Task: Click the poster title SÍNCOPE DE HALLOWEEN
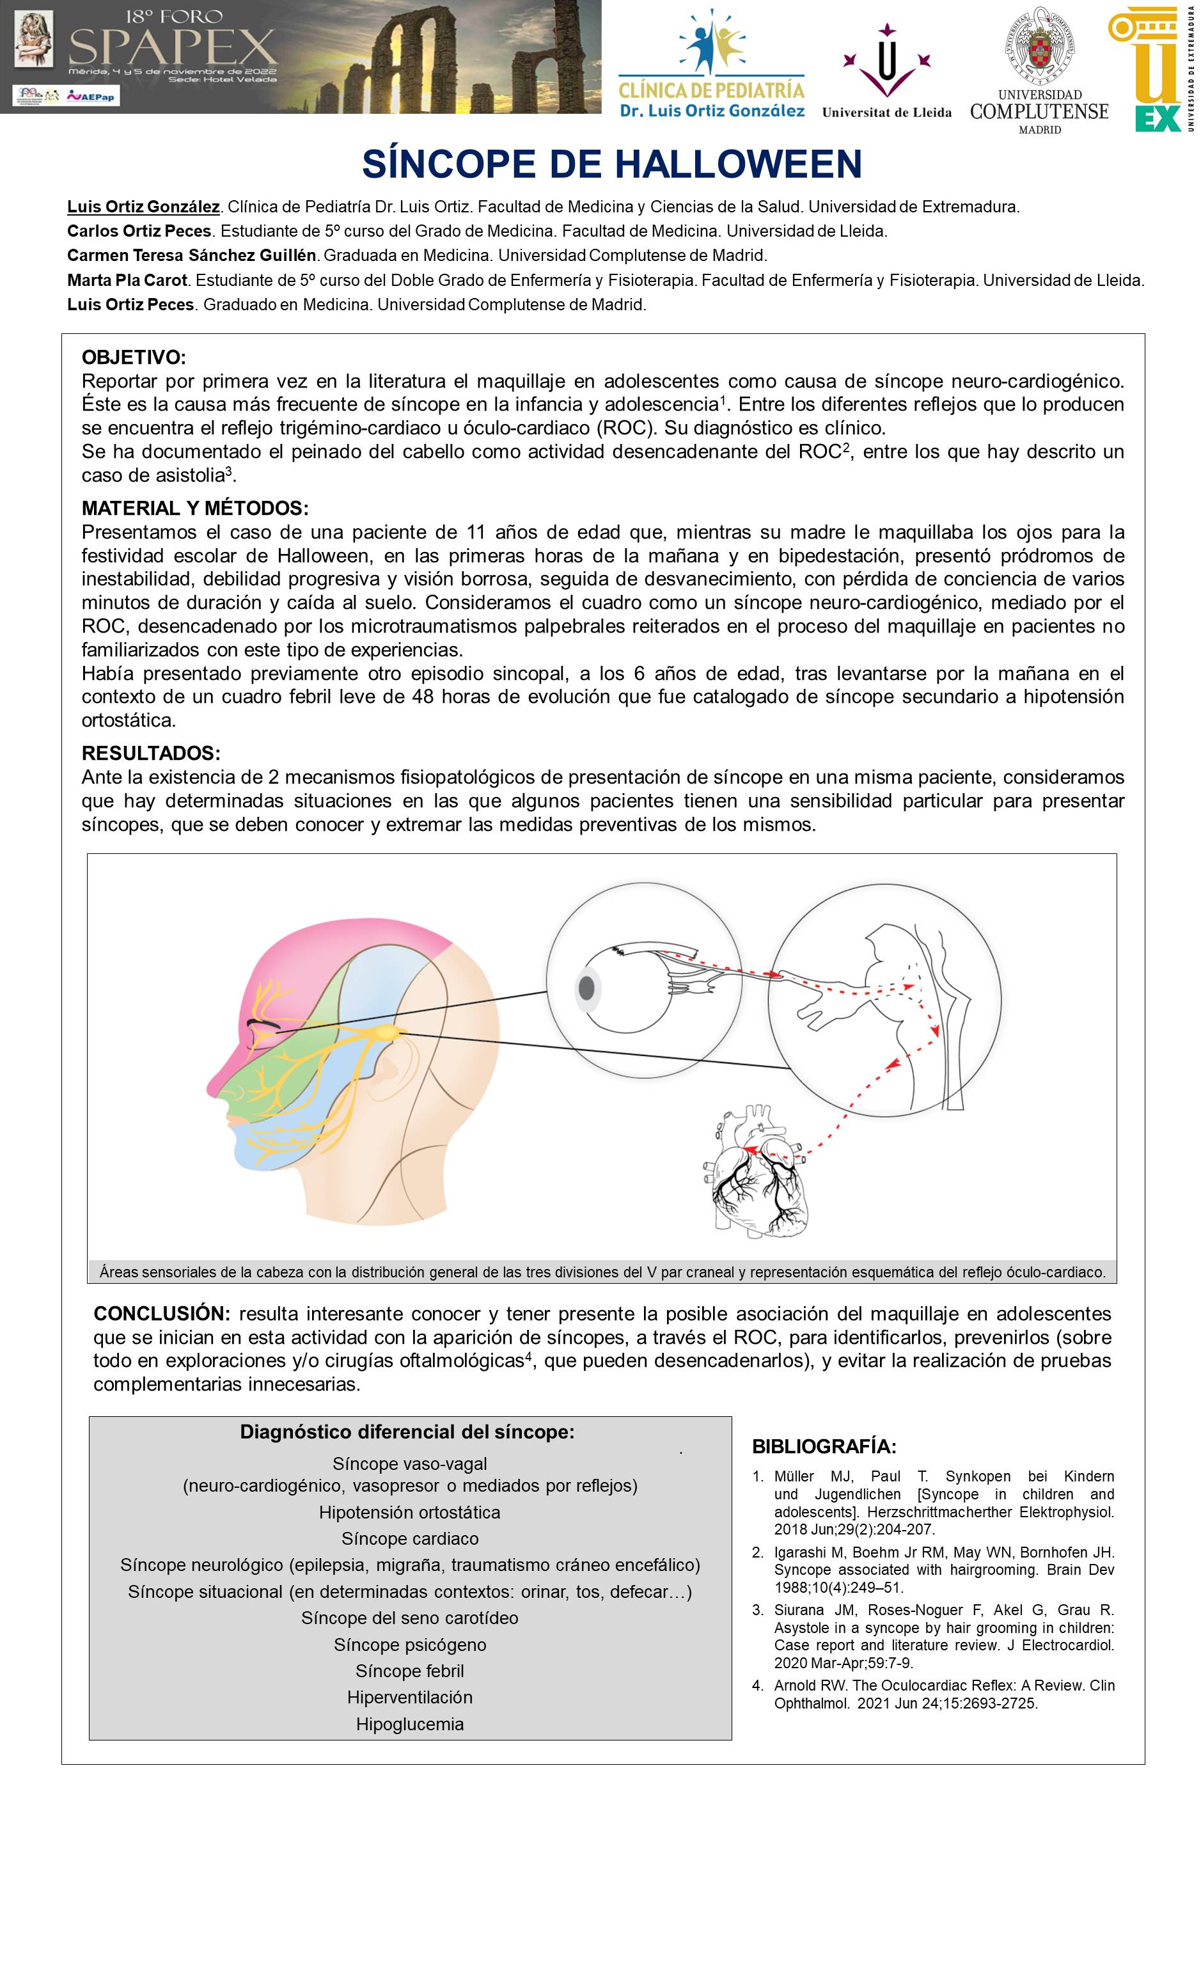point(611,164)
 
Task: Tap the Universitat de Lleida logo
point(886,72)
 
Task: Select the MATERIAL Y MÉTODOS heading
point(194,508)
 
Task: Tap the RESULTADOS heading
point(151,753)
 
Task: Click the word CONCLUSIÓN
point(161,1313)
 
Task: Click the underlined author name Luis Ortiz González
point(143,207)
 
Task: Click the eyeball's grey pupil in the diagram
point(587,989)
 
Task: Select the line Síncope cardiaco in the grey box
point(410,1538)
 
